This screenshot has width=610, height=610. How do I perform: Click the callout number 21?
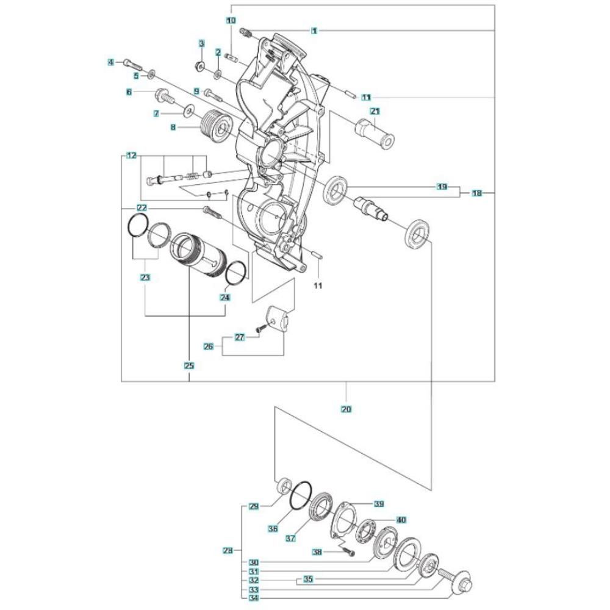(x=375, y=112)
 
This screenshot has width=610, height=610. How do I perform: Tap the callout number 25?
(x=189, y=365)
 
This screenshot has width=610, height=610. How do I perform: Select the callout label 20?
(x=346, y=409)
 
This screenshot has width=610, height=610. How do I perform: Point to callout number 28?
(x=228, y=550)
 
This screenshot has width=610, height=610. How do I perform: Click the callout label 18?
(x=477, y=193)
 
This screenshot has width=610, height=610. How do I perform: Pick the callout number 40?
(x=401, y=520)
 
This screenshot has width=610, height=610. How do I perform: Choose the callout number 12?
(x=132, y=156)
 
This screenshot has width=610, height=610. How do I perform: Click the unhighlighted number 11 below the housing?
(x=318, y=286)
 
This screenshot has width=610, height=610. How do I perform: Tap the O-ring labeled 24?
(x=235, y=274)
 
